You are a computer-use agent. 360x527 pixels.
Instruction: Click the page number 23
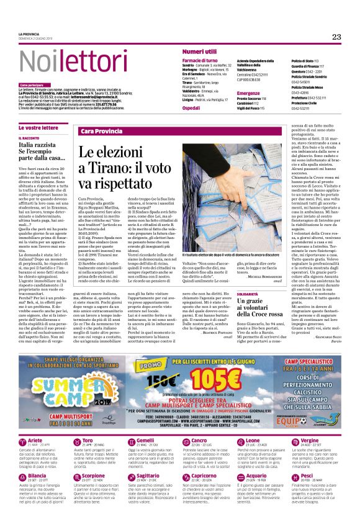coord(337,37)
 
